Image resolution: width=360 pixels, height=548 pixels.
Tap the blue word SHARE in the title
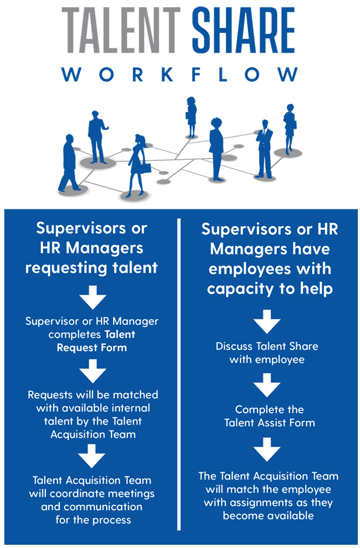(244, 31)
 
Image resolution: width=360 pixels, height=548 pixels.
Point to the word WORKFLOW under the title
(179, 74)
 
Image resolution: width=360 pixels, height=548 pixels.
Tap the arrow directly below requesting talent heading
(92, 297)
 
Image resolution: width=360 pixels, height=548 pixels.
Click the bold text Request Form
(92, 347)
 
